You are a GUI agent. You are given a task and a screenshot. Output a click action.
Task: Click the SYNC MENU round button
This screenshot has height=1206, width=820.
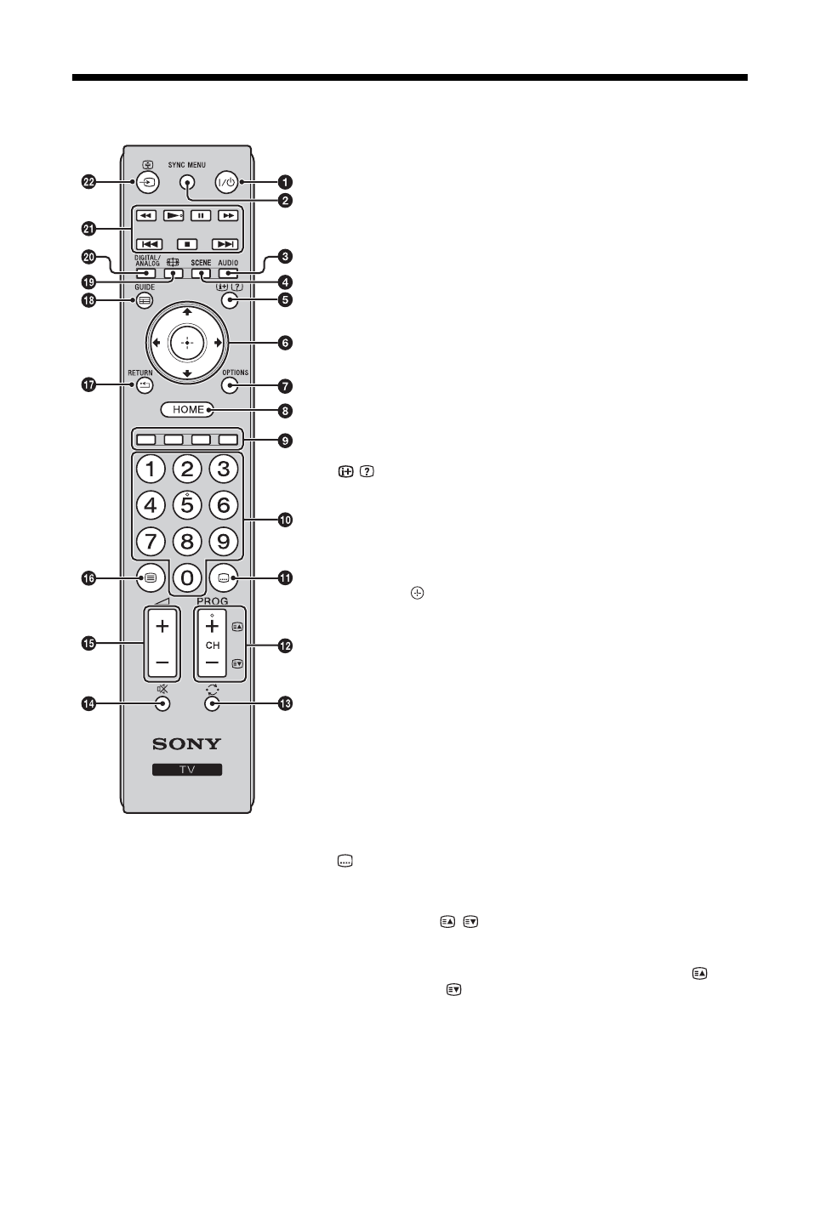[187, 182]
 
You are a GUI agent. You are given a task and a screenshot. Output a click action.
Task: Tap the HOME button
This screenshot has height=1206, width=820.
[187, 409]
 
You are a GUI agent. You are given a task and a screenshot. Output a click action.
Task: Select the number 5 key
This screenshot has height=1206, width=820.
[187, 505]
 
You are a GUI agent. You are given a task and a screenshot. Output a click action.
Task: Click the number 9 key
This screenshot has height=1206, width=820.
[223, 541]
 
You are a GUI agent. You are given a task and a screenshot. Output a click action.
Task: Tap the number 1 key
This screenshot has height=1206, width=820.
[151, 469]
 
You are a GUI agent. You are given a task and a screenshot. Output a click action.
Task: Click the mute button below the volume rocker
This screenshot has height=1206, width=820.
[162, 703]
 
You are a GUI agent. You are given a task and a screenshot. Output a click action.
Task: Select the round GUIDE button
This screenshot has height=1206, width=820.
[145, 300]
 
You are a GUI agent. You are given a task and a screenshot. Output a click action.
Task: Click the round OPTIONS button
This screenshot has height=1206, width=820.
[230, 385]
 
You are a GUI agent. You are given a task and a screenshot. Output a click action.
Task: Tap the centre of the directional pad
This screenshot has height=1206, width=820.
[187, 343]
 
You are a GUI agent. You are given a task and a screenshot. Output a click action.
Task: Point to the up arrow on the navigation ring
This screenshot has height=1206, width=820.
[187, 312]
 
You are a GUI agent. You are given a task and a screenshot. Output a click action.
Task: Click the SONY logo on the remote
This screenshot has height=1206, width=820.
[187, 743]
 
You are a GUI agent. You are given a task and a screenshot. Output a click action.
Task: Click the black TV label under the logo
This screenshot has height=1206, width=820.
[187, 770]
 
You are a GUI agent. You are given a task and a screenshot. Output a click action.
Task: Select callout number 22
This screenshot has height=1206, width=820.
[88, 182]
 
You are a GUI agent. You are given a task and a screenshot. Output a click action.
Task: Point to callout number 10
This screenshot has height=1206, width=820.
[285, 520]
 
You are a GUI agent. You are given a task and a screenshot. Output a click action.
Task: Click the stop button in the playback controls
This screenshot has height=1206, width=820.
[187, 244]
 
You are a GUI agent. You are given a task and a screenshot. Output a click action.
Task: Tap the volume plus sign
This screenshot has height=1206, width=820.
[162, 627]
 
